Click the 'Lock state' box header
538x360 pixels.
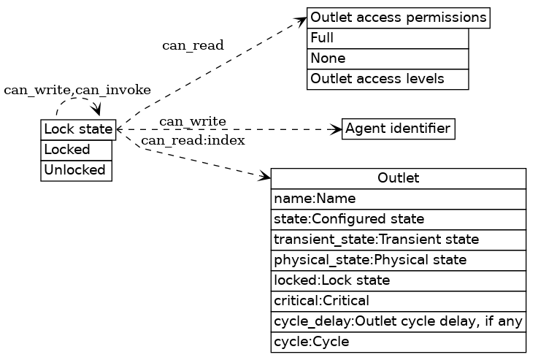point(78,129)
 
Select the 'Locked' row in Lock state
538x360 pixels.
point(77,150)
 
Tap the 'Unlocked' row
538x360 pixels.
point(77,170)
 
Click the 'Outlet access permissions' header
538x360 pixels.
point(398,18)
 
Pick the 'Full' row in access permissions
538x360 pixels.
point(388,38)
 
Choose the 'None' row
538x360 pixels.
point(388,58)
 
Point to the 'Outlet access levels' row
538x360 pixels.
point(388,79)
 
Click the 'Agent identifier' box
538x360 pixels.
point(398,129)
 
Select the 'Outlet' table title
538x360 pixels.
point(398,178)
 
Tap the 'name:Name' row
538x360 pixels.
point(398,199)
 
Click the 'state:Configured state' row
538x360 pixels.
point(398,219)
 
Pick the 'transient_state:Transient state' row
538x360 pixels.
point(398,240)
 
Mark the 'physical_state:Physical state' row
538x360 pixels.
point(398,260)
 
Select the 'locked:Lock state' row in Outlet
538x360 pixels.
point(398,280)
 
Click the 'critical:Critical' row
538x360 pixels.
point(398,301)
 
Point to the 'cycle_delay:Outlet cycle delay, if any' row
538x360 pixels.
point(398,321)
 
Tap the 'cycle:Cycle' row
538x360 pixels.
point(398,342)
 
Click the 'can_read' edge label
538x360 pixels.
point(193,46)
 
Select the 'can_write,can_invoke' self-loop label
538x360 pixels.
point(77,91)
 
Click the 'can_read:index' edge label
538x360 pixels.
point(193,140)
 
